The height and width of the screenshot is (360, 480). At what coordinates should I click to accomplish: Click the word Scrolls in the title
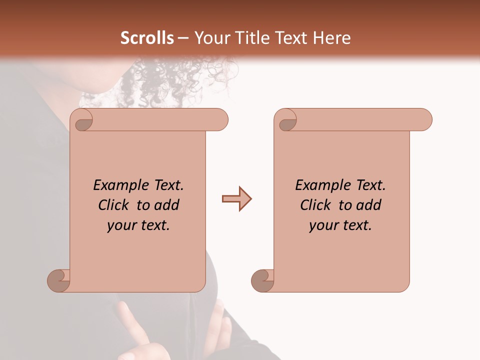click(x=147, y=38)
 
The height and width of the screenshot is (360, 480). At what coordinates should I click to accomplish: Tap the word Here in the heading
click(x=332, y=38)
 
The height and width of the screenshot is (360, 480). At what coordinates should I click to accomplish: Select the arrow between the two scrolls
click(x=236, y=199)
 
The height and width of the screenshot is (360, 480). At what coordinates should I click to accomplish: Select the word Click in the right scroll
click(x=315, y=205)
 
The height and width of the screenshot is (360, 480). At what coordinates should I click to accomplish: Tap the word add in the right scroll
click(x=368, y=205)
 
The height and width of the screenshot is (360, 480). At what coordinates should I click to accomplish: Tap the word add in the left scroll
click(x=166, y=205)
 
